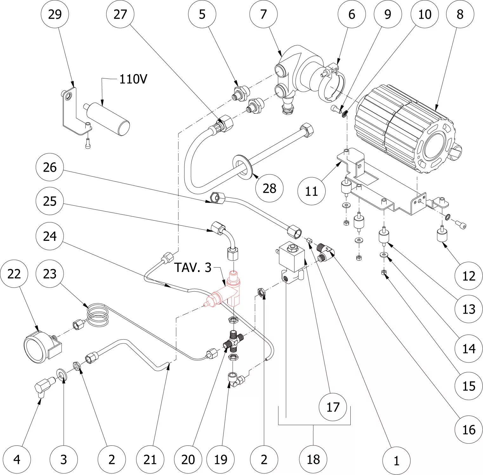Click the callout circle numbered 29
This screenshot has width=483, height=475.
[x=55, y=14]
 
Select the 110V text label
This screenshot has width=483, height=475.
[x=133, y=79]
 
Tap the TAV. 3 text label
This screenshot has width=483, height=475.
[x=193, y=268]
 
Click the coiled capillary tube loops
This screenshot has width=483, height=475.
[x=97, y=315]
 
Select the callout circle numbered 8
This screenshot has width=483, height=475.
[x=460, y=14]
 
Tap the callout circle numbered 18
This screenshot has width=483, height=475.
[x=313, y=459]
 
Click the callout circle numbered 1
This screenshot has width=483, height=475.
[x=396, y=461]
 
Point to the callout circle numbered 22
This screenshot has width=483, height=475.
[x=14, y=274]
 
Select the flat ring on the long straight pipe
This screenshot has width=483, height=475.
[x=243, y=166]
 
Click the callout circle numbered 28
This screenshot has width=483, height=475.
[x=269, y=188]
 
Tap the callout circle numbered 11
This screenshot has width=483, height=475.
[x=311, y=191]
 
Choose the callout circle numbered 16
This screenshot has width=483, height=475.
[x=468, y=430]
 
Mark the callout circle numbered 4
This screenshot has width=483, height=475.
[x=17, y=459]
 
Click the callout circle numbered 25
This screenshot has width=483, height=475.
[x=50, y=201]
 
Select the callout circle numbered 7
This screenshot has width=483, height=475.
[x=263, y=14]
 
